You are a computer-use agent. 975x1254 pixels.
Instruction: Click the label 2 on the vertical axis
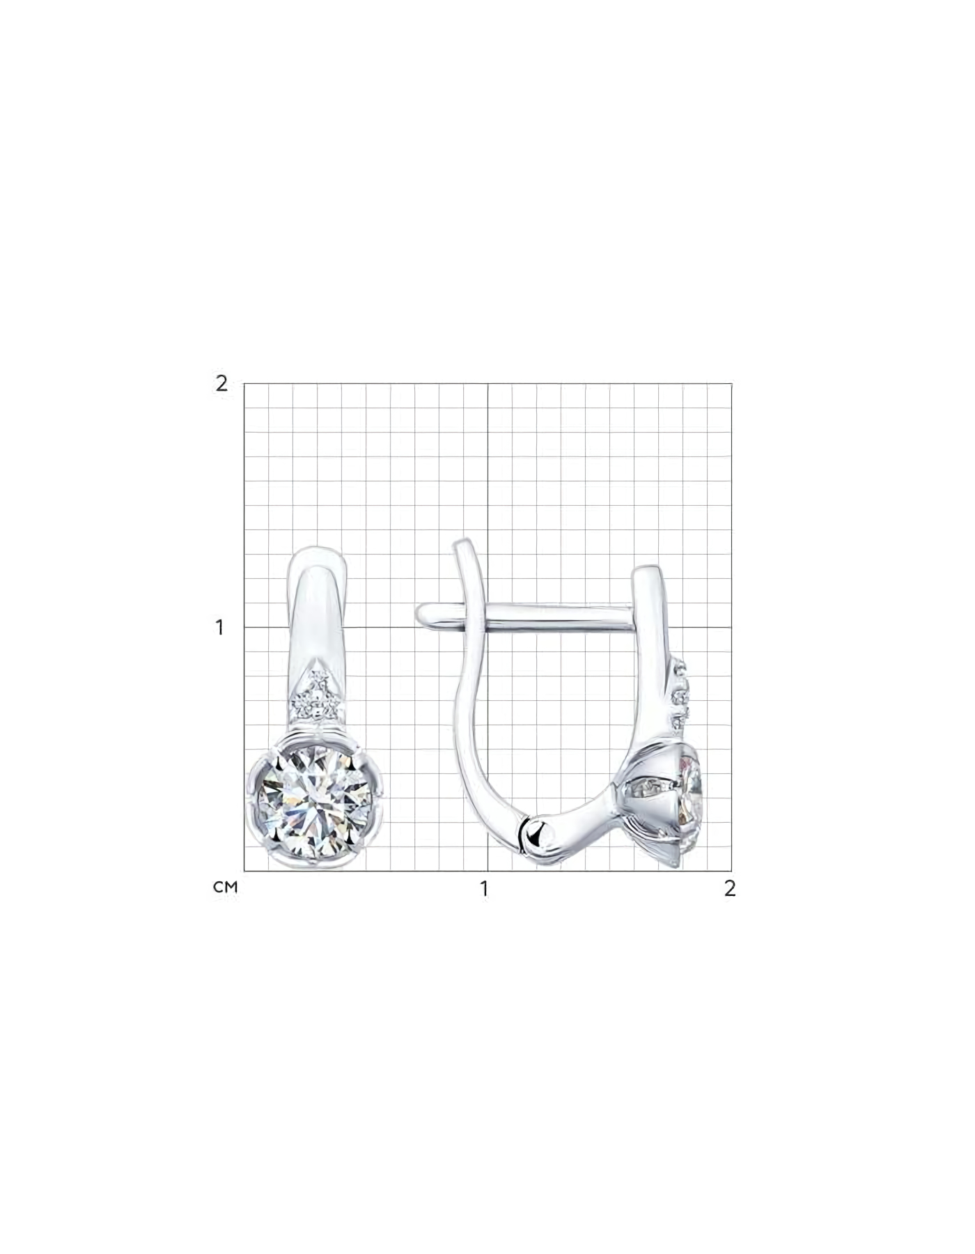pyautogui.click(x=221, y=383)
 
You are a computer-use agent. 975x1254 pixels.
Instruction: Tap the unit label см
pyautogui.click(x=226, y=888)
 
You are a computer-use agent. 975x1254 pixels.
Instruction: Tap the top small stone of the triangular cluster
pyautogui.click(x=319, y=679)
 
